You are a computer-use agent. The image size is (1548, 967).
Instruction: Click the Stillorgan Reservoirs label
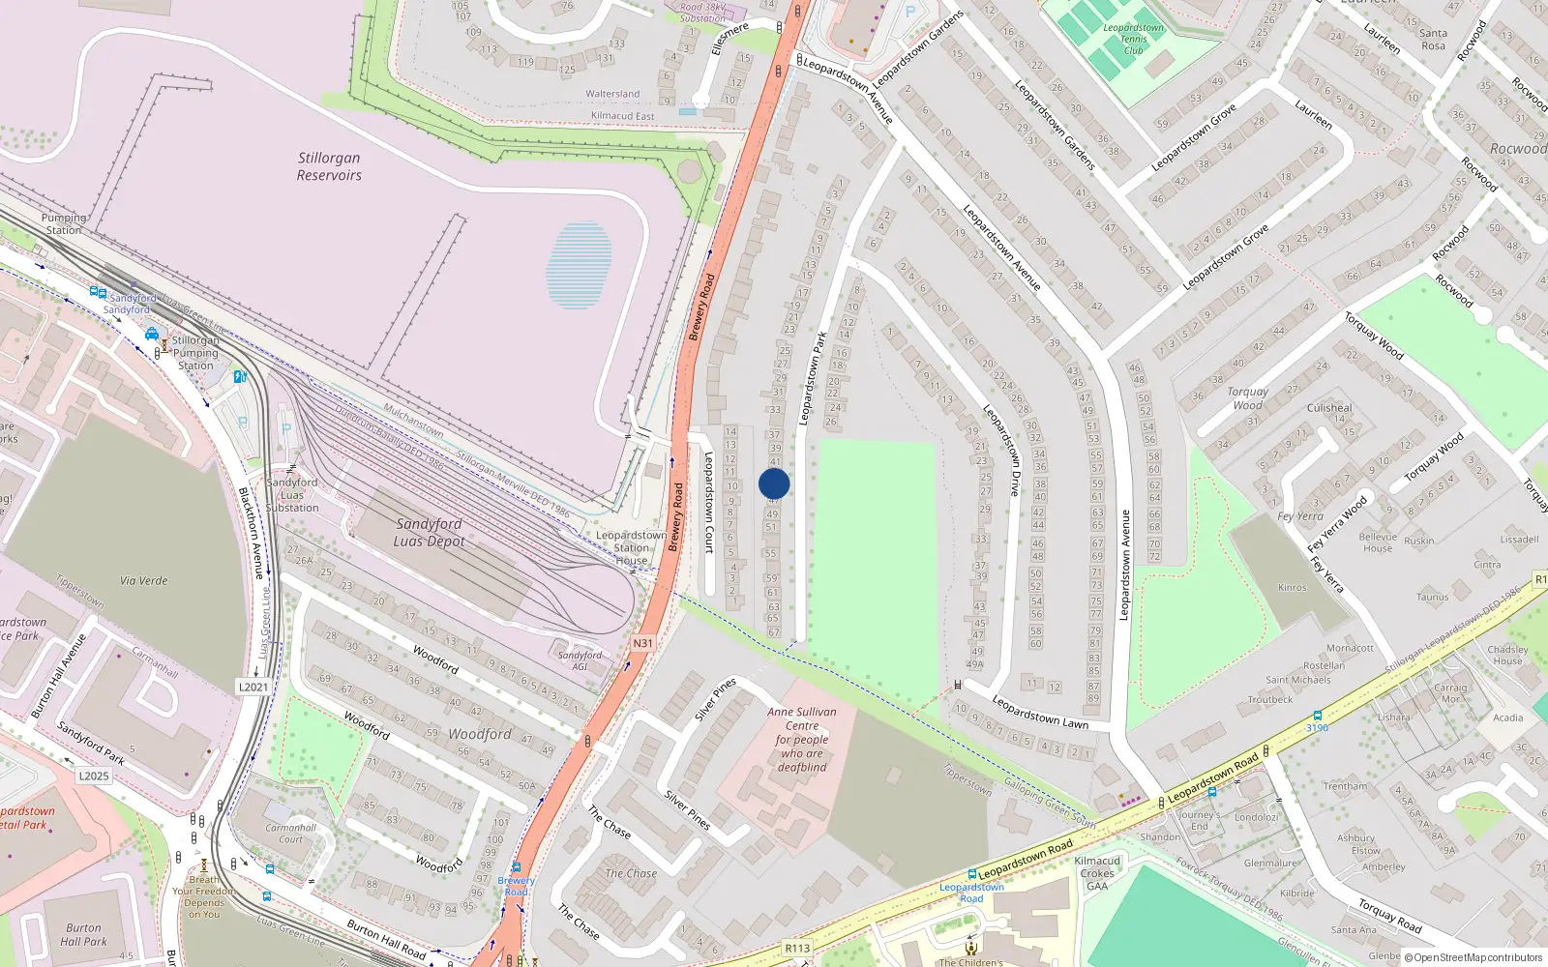(x=329, y=166)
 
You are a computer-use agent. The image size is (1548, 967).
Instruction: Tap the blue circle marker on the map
(x=774, y=483)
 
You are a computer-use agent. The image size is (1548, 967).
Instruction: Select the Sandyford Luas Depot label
(x=429, y=532)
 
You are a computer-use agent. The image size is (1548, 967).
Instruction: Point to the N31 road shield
(x=642, y=643)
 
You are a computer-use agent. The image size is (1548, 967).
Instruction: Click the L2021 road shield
(x=253, y=687)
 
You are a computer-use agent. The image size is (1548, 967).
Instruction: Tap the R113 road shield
(x=797, y=948)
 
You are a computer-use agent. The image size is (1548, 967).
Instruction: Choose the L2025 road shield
(x=94, y=776)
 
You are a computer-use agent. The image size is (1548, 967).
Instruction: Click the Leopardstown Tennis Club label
(x=1133, y=39)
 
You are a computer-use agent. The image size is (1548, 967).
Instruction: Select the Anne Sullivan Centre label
(x=802, y=739)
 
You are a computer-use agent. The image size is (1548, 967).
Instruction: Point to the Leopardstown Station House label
(x=631, y=547)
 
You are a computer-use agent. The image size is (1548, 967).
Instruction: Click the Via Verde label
(x=144, y=580)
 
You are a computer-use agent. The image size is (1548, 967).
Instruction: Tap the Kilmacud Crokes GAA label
(x=1097, y=873)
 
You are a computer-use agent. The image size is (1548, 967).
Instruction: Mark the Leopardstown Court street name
(x=708, y=503)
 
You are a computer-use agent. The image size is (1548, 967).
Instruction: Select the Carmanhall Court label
(x=290, y=834)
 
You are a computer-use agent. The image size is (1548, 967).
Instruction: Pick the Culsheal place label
(x=1329, y=408)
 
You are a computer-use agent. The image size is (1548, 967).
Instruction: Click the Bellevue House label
(x=1378, y=542)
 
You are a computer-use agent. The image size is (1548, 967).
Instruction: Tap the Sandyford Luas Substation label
(x=292, y=494)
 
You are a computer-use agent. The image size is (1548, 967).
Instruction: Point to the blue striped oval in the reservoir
(x=580, y=265)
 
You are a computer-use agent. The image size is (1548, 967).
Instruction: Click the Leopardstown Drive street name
(x=1001, y=451)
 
